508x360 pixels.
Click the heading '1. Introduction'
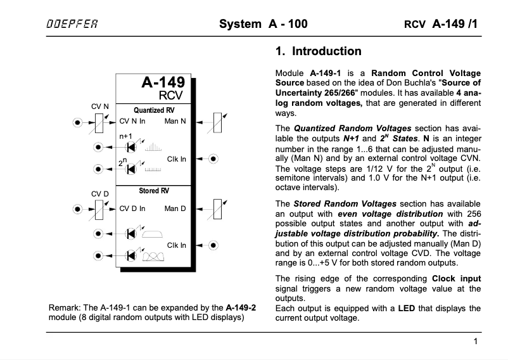pyautogui.click(x=319, y=51)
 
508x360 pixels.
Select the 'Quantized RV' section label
pyautogui.click(x=154, y=110)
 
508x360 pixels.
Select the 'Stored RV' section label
pyautogui.click(x=154, y=190)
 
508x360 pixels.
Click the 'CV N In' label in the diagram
pyautogui.click(x=133, y=120)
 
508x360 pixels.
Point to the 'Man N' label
pyautogui.click(x=175, y=120)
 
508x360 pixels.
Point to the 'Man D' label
pyautogui.click(x=175, y=208)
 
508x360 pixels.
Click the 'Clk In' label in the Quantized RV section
pyautogui.click(x=177, y=158)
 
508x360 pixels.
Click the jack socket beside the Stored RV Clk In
pyautogui.click(x=214, y=245)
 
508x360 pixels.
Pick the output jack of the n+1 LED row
pyautogui.click(x=98, y=147)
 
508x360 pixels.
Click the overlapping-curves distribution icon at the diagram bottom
pyautogui.click(x=151, y=256)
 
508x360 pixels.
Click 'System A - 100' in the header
pyautogui.click(x=263, y=25)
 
